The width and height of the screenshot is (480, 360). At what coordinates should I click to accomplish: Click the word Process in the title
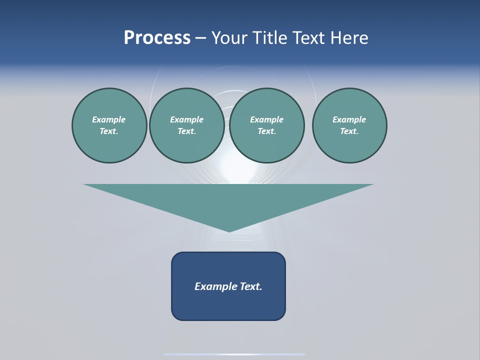[157, 38]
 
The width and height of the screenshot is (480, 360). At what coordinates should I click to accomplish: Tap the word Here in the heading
[349, 38]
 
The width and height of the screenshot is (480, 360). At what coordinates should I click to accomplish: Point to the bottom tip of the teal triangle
[229, 230]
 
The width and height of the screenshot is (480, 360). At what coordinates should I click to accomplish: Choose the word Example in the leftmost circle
[109, 119]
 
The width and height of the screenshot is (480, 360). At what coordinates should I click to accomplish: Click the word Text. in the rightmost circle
[349, 131]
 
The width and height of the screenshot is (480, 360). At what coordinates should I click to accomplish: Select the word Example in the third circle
[266, 119]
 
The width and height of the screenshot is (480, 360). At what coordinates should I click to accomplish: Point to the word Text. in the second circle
[186, 131]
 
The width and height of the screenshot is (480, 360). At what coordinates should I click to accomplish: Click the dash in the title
[200, 38]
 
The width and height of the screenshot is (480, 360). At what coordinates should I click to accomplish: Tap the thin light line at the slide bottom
[234, 354]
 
